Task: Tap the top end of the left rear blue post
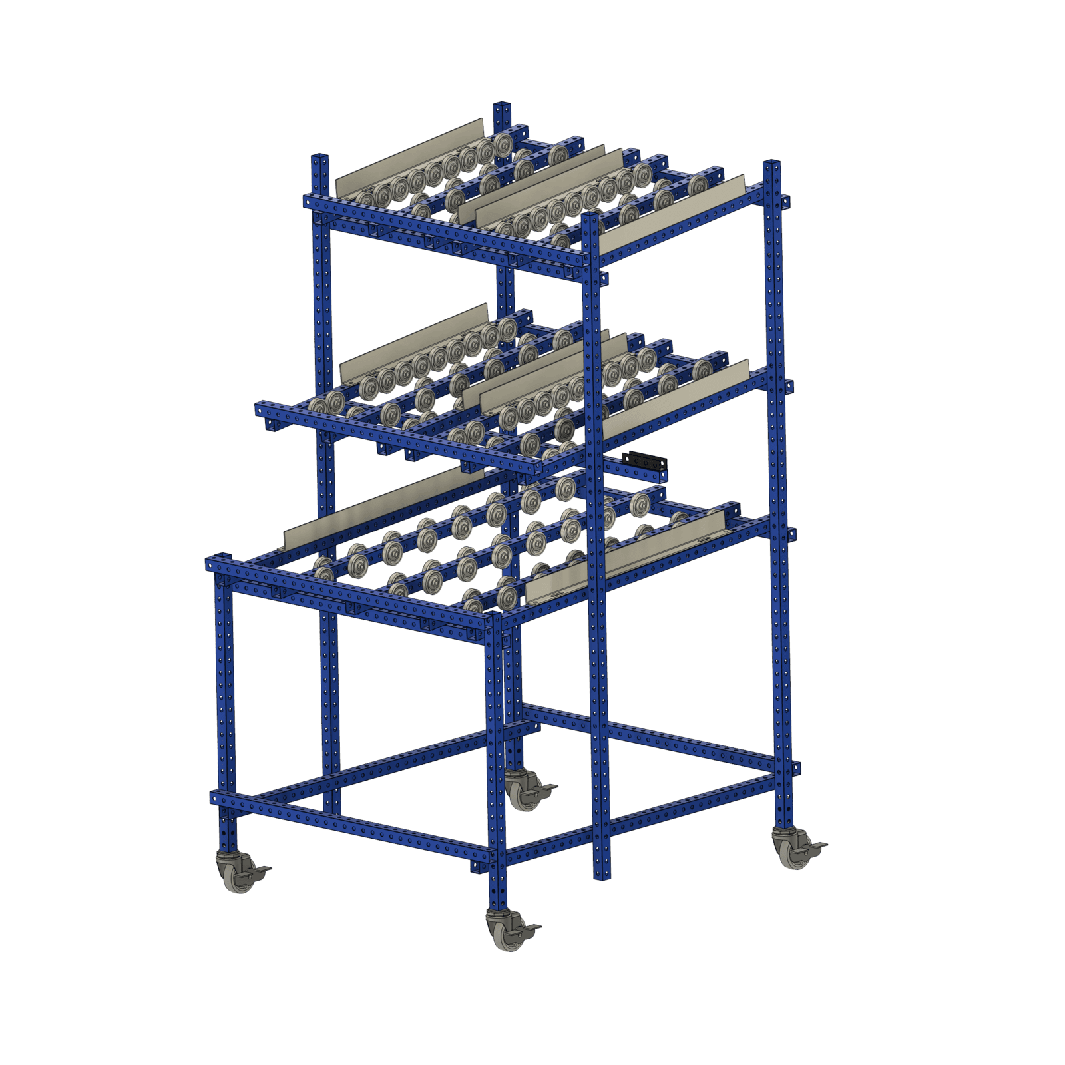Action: [320, 158]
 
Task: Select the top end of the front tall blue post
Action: [590, 217]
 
